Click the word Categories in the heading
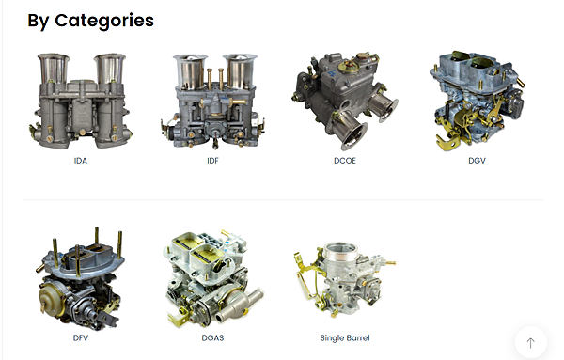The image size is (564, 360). point(104,21)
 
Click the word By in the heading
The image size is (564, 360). point(39,22)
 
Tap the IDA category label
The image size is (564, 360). point(81,161)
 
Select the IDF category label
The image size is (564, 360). point(212,161)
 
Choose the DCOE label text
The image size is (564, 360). point(345,161)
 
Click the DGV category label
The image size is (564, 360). point(477,161)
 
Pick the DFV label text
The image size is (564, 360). point(81,337)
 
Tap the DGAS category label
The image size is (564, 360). point(212,337)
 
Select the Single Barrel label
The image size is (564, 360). point(345,338)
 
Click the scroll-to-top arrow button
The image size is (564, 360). point(531,343)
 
